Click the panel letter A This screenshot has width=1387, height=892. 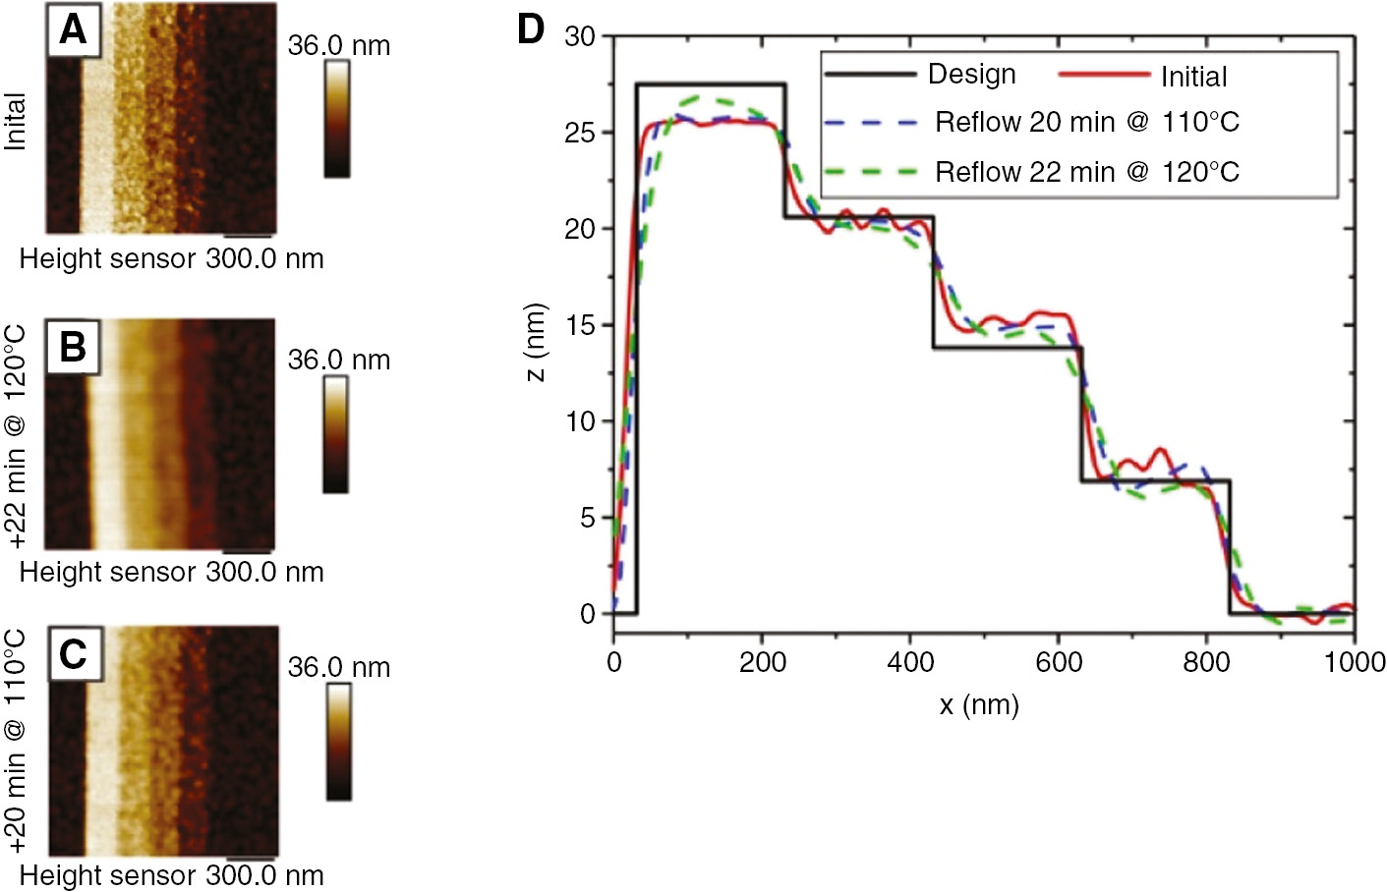pyautogui.click(x=73, y=29)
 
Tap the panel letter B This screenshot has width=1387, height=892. pyautogui.click(x=73, y=347)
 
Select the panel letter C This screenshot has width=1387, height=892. pyautogui.click(x=74, y=654)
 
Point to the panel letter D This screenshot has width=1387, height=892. pyautogui.click(x=530, y=29)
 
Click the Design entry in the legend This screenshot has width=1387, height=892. pyautogui.click(x=971, y=75)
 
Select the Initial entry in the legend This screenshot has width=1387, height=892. pyautogui.click(x=1193, y=77)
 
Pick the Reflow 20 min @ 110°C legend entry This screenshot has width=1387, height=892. pyautogui.click(x=1086, y=123)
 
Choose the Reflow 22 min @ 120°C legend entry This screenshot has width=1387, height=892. pyautogui.click(x=1086, y=172)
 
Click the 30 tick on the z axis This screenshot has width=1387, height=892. pyautogui.click(x=580, y=37)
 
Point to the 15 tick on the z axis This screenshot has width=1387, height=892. pyautogui.click(x=580, y=325)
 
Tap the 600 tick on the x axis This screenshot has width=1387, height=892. pyautogui.click(x=1059, y=662)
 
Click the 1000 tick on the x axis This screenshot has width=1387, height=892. pyautogui.click(x=1354, y=662)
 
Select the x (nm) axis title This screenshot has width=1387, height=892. pyautogui.click(x=978, y=704)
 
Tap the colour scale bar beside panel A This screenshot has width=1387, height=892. pyautogui.click(x=337, y=119)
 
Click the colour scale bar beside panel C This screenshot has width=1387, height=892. pyautogui.click(x=339, y=742)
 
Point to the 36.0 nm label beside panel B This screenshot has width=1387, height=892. pyautogui.click(x=339, y=361)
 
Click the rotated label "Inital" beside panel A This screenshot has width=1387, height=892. pyautogui.click(x=16, y=122)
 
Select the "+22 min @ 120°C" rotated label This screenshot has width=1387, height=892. pyautogui.click(x=16, y=434)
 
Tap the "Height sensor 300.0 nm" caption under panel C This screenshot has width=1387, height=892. pyautogui.click(x=172, y=875)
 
